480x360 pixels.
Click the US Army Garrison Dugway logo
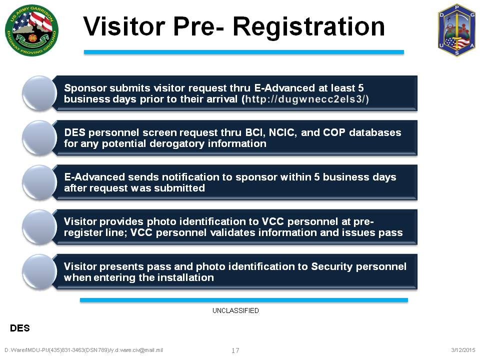(32, 30)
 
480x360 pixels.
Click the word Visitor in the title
(124, 26)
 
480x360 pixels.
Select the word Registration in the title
(308, 27)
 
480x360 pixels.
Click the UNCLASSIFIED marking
(235, 310)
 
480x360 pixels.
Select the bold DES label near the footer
(20, 328)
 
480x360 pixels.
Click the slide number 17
(235, 350)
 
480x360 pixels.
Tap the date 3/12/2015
(463, 350)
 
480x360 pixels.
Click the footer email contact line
(83, 350)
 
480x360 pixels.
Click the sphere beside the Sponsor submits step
(39, 93)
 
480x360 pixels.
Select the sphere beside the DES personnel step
(39, 138)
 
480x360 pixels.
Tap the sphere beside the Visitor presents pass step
(39, 271)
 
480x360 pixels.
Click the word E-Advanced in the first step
(284, 88)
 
